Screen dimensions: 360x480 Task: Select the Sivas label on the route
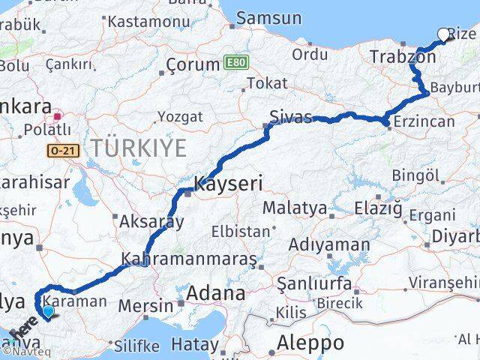tap(291, 117)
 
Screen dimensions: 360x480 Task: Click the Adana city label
tap(216, 292)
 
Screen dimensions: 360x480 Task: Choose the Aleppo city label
tap(310, 343)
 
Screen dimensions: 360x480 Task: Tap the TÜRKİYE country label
tap(139, 148)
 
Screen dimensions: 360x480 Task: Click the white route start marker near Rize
tap(443, 34)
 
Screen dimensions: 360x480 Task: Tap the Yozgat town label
tap(180, 116)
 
